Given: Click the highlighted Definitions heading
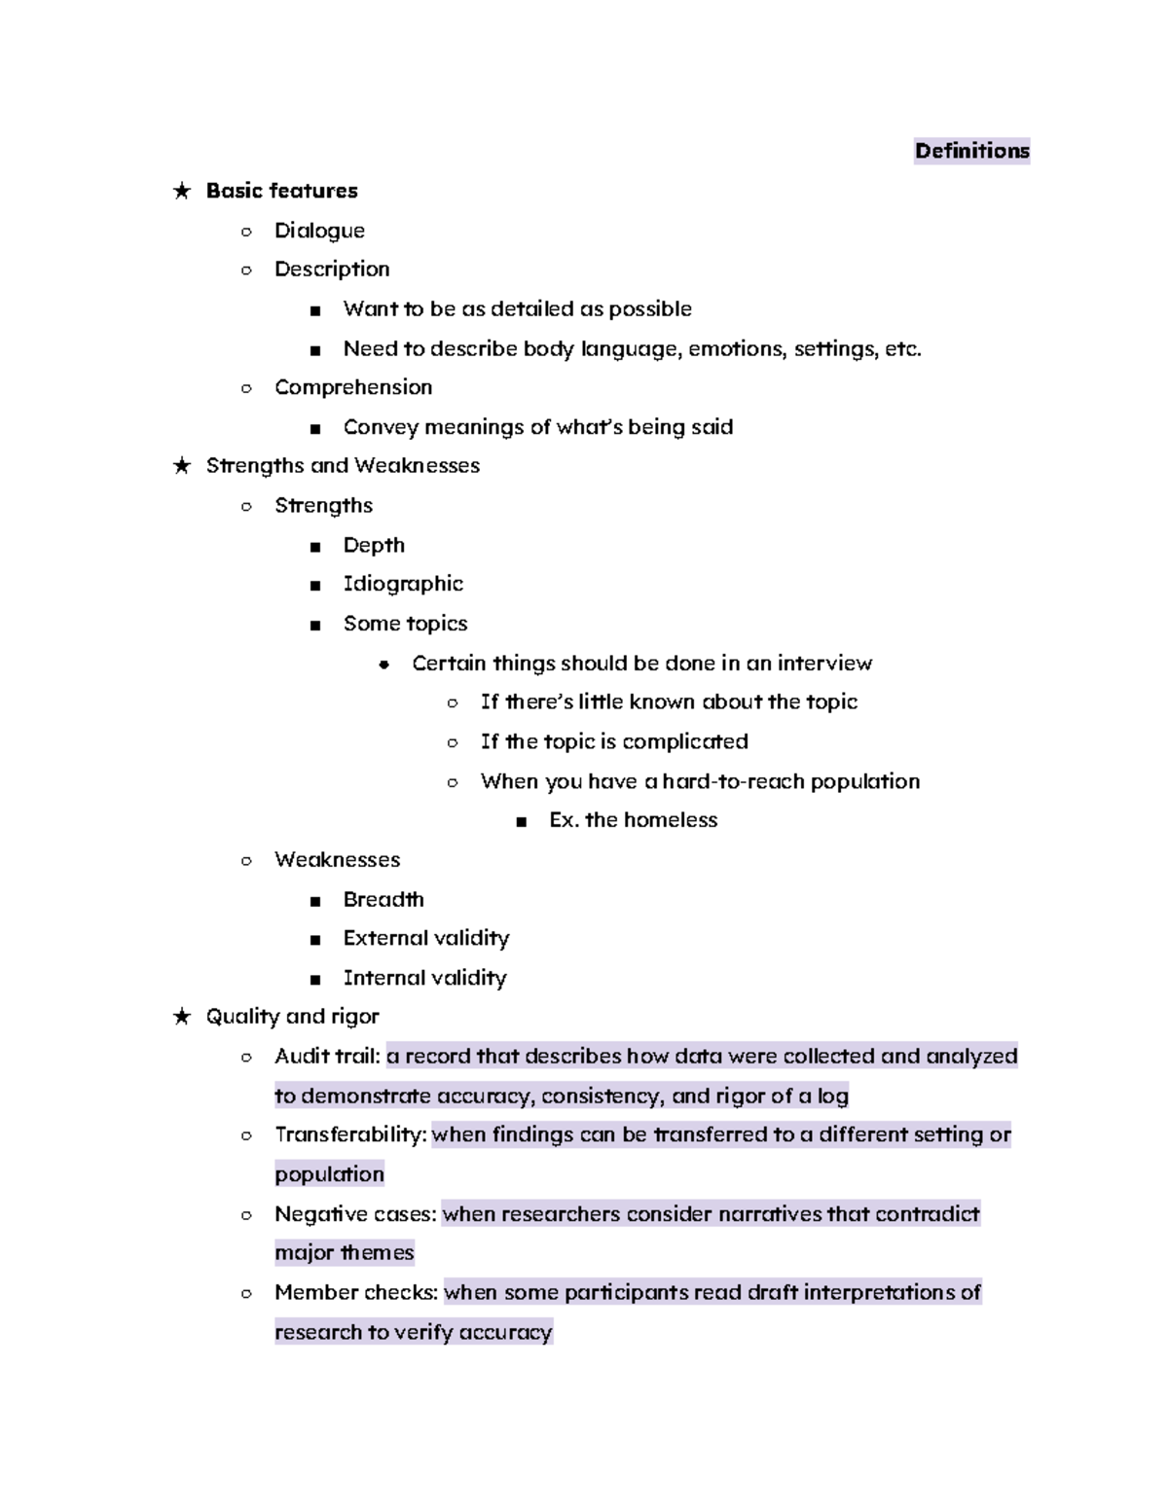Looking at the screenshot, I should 971,151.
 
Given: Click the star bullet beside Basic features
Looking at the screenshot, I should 181,191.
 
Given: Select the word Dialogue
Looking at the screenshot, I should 319,231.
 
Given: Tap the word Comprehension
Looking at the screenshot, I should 352,387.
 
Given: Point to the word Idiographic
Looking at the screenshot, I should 403,584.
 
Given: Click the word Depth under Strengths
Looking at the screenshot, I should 374,545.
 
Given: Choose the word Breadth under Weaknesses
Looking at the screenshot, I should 383,899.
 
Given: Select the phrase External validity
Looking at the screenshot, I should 425,938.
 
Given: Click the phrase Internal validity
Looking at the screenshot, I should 424,978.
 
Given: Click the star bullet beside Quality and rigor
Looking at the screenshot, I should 181,1017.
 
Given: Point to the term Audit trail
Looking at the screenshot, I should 326,1057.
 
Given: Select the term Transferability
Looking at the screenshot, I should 350,1135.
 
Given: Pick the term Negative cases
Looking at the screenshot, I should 355,1214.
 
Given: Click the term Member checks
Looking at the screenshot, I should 356,1293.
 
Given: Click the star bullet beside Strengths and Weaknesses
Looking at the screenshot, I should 181,466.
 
